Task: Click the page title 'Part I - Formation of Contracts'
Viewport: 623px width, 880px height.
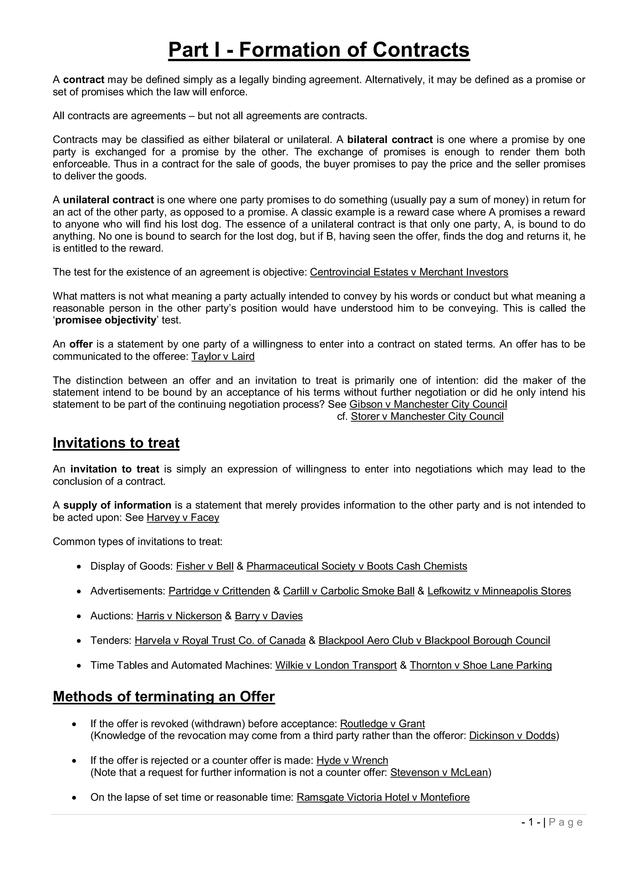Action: [x=319, y=50]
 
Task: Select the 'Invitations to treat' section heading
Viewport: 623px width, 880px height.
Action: [x=116, y=443]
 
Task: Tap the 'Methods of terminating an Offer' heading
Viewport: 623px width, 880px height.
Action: [x=164, y=696]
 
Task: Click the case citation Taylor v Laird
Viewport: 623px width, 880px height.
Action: [x=223, y=356]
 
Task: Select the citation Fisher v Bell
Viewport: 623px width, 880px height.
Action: [x=204, y=566]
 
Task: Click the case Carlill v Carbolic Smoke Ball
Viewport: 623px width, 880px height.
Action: [x=348, y=591]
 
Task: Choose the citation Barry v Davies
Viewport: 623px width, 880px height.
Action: [x=269, y=616]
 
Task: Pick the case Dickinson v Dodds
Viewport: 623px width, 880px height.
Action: [x=512, y=735]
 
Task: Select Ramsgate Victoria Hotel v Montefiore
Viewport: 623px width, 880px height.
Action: [x=383, y=797]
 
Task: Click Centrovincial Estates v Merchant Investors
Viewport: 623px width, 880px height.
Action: [x=409, y=272]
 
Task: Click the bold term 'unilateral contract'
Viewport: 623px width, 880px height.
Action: [x=108, y=200]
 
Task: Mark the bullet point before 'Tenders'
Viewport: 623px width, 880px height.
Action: [x=79, y=641]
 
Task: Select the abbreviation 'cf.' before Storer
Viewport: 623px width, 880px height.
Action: [x=342, y=416]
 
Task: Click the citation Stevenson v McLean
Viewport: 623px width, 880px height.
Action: [x=439, y=772]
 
